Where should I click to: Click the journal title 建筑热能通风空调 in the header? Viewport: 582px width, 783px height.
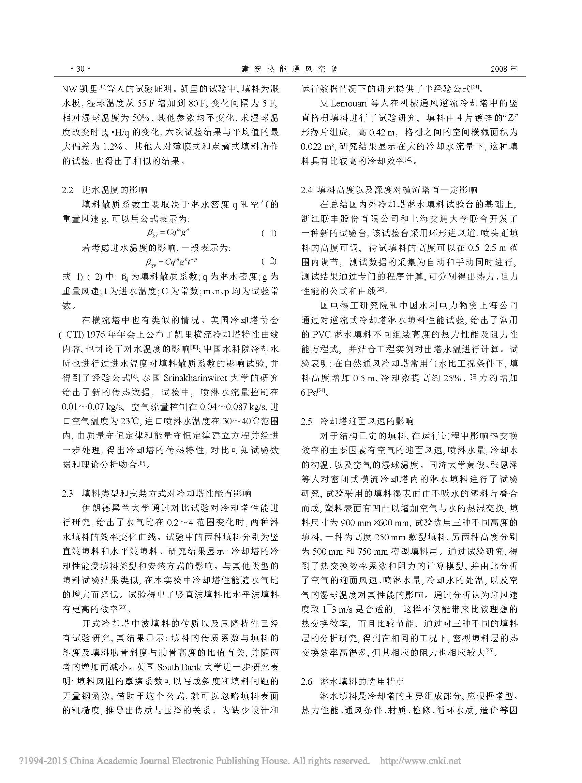[289, 69]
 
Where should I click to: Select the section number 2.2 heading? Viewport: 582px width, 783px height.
[68, 190]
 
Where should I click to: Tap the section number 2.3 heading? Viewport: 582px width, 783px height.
[68, 493]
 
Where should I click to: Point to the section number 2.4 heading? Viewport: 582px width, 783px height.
[307, 190]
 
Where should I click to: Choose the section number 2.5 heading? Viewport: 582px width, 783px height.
[307, 421]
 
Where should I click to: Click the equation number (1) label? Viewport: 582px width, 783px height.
[269, 233]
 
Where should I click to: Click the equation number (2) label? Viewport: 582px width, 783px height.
[269, 261]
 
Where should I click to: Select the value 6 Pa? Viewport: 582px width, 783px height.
[309, 392]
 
